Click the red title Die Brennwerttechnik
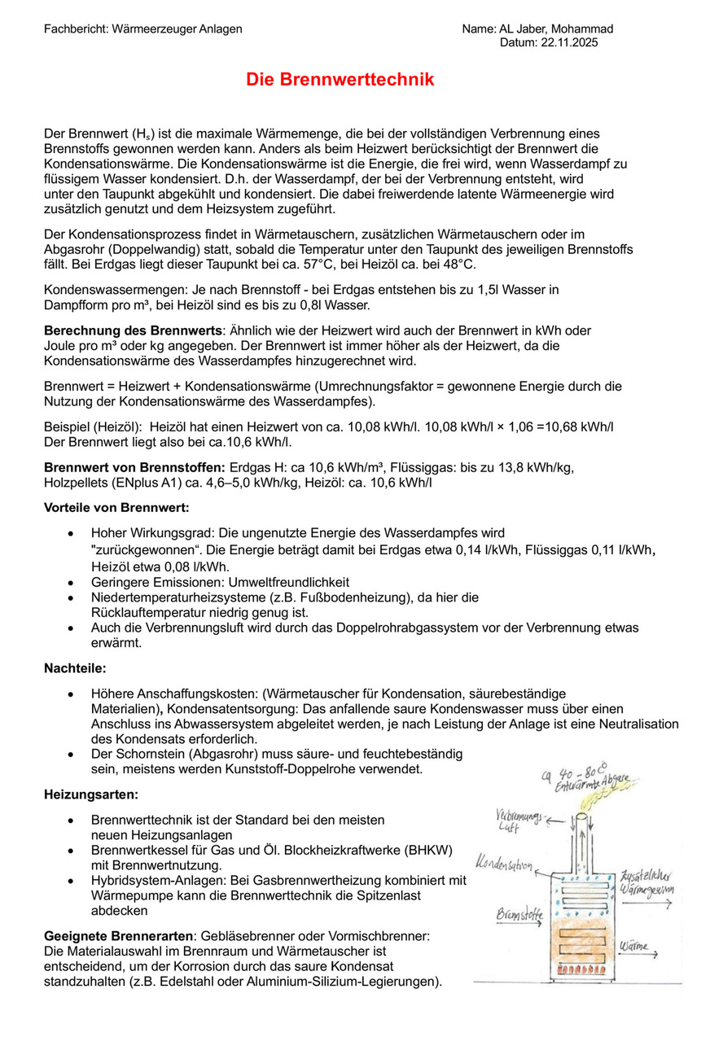point(340,80)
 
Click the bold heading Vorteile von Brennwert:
point(116,508)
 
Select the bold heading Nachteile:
point(75,668)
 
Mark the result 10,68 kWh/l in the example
point(581,427)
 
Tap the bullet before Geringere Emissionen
point(74,582)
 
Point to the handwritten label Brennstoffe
point(519,915)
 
